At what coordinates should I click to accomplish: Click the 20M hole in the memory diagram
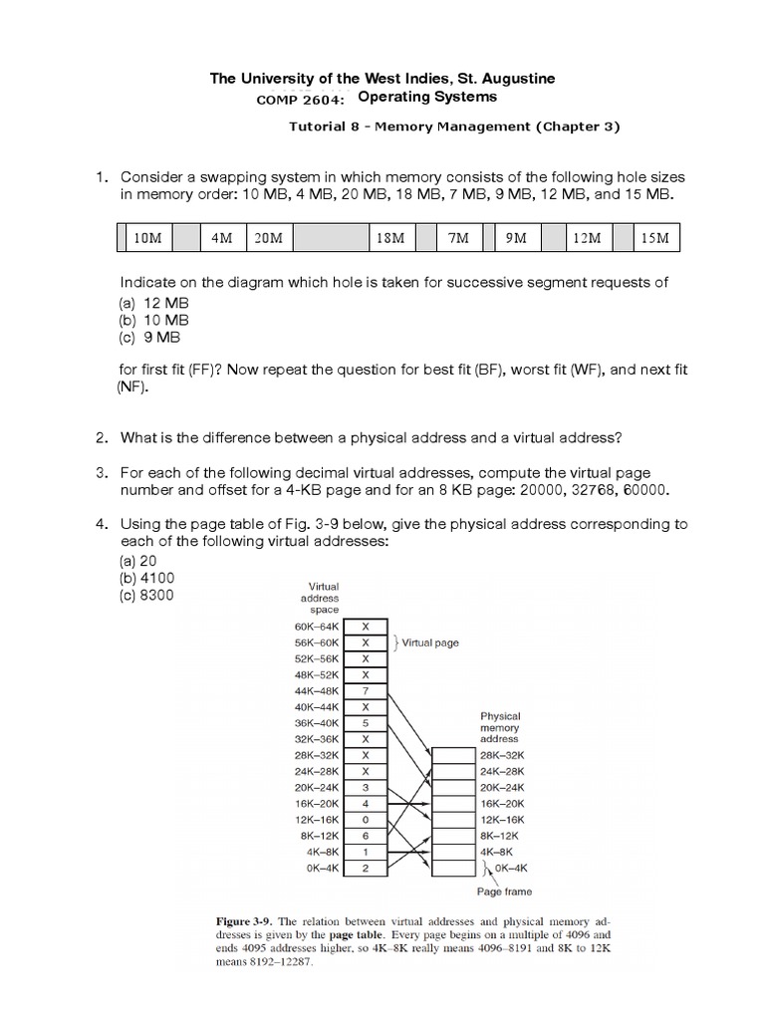click(x=268, y=239)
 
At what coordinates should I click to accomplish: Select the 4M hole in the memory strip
click(x=221, y=239)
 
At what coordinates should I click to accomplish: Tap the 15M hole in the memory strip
click(x=655, y=239)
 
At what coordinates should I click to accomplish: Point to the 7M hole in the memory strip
click(x=458, y=239)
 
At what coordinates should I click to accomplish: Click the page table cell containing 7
click(x=366, y=689)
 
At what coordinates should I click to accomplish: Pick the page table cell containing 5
click(x=366, y=721)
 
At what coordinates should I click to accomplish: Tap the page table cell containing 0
click(x=366, y=818)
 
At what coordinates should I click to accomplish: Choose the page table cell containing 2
click(x=366, y=867)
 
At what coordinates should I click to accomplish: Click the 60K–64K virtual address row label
click(x=318, y=626)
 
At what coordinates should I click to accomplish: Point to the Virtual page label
click(x=429, y=642)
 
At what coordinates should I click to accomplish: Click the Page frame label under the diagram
click(x=503, y=892)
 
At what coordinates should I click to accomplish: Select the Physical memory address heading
click(x=500, y=727)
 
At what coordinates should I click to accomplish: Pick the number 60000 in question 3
click(x=644, y=490)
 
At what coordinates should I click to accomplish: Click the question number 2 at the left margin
click(x=101, y=437)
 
